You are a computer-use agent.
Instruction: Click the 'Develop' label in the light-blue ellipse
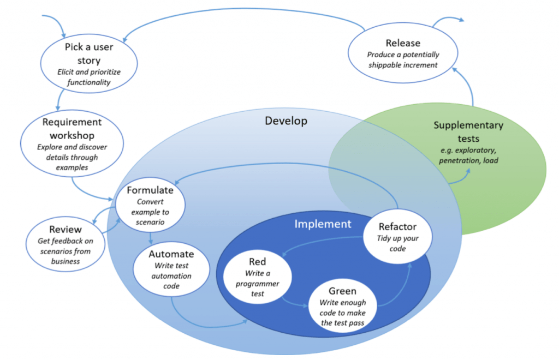coord(286,121)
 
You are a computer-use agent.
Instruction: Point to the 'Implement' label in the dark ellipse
coord(323,224)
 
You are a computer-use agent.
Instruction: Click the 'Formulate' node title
coord(150,190)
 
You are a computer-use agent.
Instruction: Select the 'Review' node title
coord(66,230)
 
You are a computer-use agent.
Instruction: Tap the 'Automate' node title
coord(171,254)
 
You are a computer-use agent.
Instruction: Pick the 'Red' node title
coord(257,262)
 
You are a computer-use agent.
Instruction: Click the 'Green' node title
coord(342,291)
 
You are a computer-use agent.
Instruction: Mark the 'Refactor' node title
coord(397,226)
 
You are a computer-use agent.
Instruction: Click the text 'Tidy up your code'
coord(397,243)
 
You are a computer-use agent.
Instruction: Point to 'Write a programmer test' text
coord(257,284)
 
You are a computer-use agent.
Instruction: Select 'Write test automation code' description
coord(171,276)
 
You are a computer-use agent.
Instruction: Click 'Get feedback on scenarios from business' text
coord(66,251)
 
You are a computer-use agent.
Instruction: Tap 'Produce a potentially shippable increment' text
coord(403,60)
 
